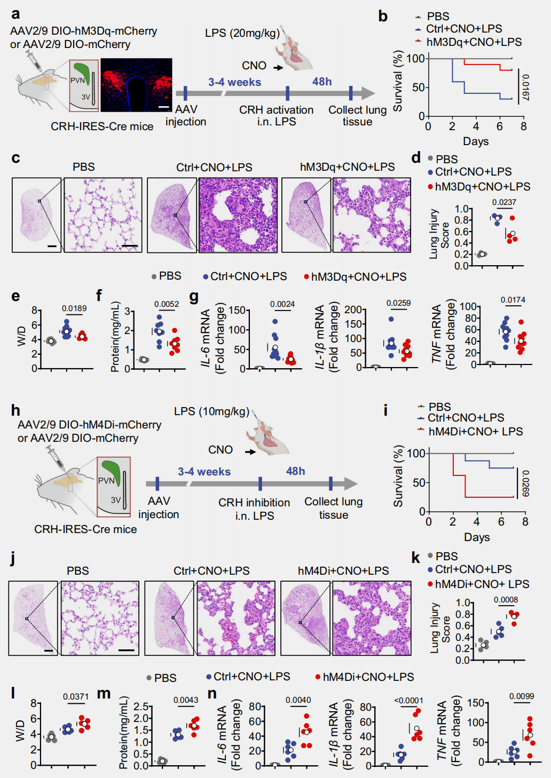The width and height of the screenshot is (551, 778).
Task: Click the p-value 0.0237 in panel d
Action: click(503, 202)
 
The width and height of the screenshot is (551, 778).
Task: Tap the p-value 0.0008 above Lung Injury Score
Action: click(506, 600)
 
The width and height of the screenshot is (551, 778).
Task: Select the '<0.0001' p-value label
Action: click(408, 700)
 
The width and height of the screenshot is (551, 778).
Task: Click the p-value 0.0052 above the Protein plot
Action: click(167, 304)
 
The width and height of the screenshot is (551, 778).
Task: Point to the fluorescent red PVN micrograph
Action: click(136, 85)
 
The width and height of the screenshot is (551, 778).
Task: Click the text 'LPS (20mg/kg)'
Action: click(242, 33)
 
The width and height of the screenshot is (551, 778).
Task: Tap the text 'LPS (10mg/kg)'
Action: click(211, 411)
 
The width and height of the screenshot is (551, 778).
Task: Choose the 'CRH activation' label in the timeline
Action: click(276, 110)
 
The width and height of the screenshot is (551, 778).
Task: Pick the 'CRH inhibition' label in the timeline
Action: click(254, 503)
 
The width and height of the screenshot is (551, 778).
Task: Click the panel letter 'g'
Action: click(194, 296)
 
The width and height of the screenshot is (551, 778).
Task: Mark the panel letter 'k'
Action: click(415, 558)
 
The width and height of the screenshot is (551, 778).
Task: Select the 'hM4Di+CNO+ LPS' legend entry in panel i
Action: click(475, 431)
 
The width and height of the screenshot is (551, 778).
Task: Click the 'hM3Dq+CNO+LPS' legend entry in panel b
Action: click(474, 42)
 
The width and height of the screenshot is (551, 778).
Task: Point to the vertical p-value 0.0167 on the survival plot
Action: click(525, 88)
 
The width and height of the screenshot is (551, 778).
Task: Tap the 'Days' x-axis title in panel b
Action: click(476, 141)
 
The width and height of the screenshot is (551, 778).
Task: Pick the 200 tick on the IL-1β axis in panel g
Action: click(353, 309)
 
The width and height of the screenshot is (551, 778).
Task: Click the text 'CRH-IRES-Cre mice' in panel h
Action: click(85, 529)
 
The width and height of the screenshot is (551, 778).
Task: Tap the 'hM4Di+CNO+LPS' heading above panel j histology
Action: click(343, 571)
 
